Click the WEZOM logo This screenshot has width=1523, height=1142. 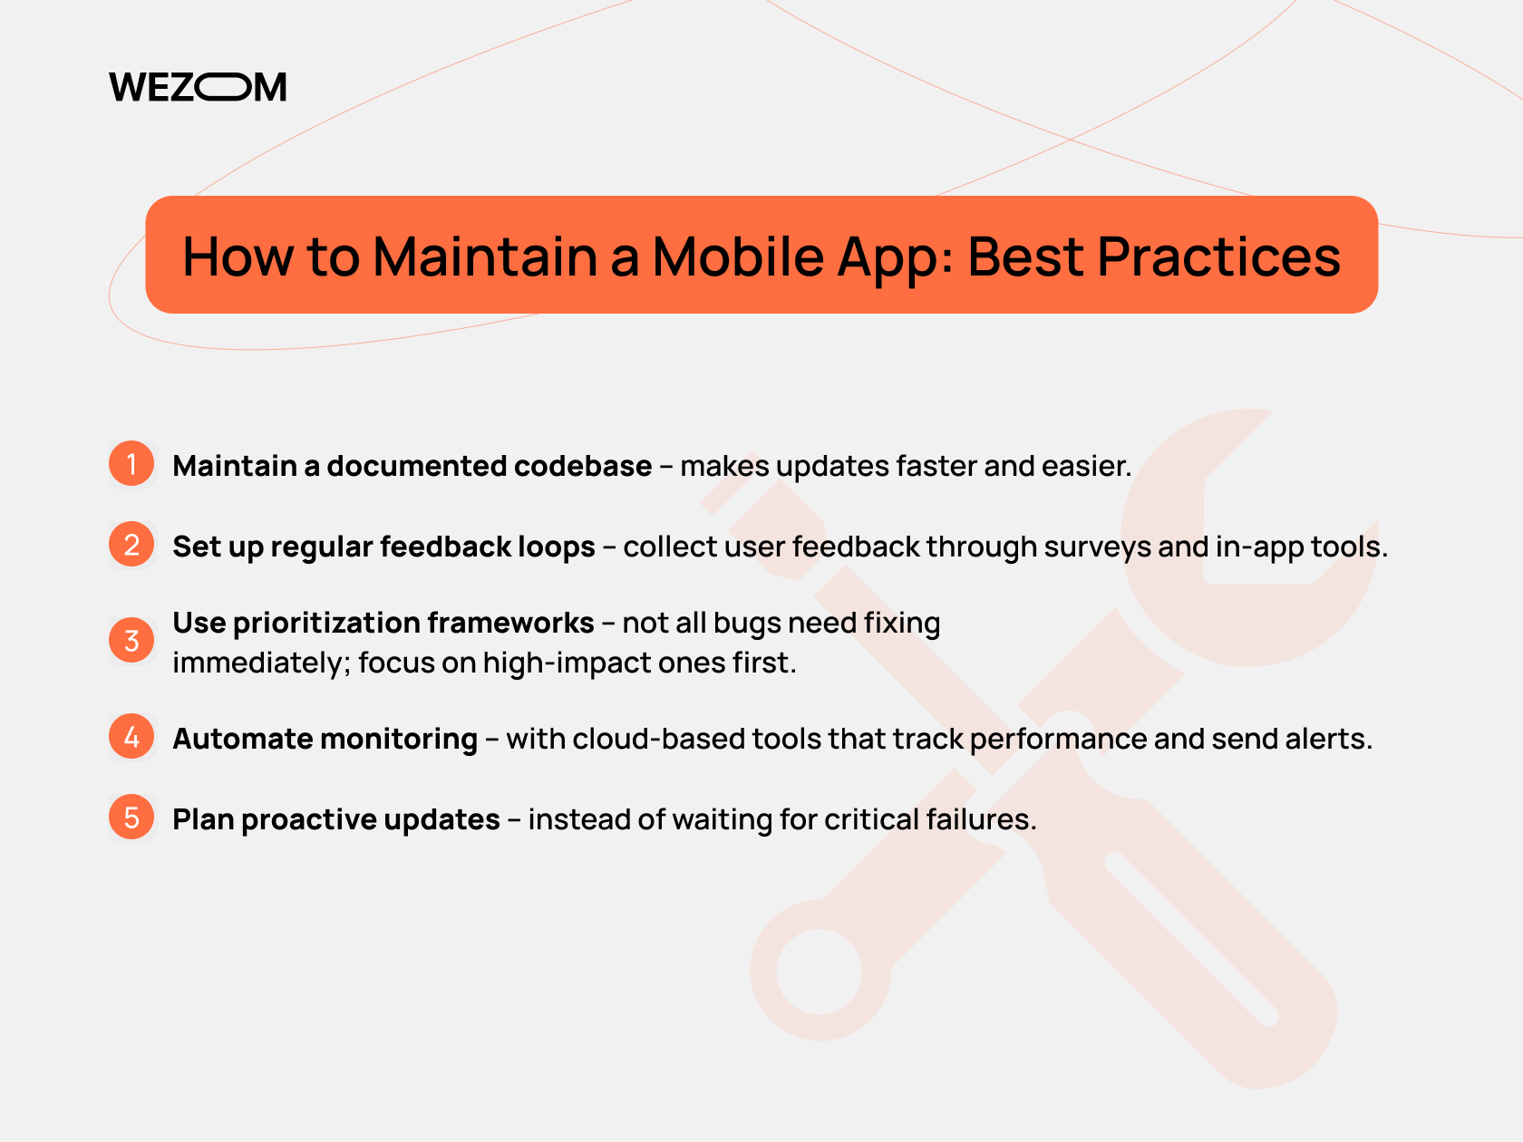(198, 87)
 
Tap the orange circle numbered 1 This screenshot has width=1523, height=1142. (131, 463)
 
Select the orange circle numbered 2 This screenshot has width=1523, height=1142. (131, 545)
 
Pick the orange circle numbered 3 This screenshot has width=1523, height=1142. (131, 640)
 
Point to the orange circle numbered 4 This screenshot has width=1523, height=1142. (131, 736)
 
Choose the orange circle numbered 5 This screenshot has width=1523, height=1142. (131, 817)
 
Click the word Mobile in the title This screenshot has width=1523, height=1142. (738, 256)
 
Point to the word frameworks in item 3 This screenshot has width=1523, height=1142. (510, 623)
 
